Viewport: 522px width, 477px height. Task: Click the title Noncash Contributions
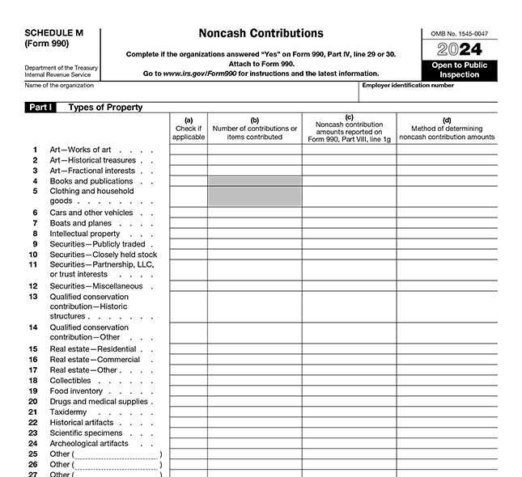click(261, 34)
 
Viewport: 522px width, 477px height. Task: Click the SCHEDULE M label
click(53, 32)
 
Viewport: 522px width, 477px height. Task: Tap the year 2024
click(460, 49)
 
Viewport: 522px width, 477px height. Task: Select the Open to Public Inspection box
click(460, 70)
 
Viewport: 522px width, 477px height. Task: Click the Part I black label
click(40, 107)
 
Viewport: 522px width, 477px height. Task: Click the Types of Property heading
click(105, 107)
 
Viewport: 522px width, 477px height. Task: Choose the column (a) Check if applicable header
click(189, 129)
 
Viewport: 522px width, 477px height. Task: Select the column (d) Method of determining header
click(447, 129)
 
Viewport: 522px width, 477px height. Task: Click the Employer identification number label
click(408, 85)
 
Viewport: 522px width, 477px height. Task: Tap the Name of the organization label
click(59, 85)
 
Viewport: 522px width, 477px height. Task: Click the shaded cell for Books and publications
click(255, 181)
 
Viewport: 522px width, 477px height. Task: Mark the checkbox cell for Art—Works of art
click(189, 150)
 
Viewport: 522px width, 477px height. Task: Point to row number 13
click(33, 297)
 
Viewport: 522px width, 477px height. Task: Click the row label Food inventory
click(76, 390)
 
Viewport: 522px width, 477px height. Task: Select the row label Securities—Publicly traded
click(97, 244)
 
